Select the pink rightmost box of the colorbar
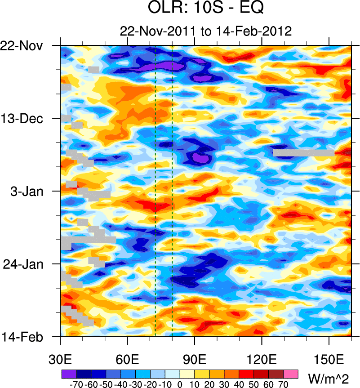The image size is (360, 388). pos(291,374)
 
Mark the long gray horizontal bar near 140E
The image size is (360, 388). pos(303,153)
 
